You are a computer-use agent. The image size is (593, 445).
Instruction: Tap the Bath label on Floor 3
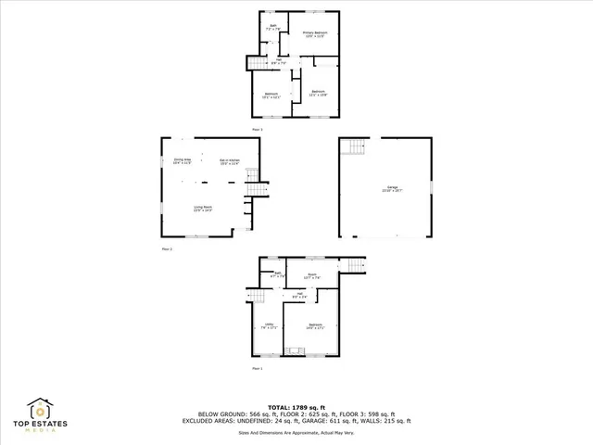coord(272,26)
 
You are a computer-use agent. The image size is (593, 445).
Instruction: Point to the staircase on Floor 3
coord(255,62)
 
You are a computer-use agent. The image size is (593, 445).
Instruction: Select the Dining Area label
coord(182,161)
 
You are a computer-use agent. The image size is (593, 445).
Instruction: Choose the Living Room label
coord(202,208)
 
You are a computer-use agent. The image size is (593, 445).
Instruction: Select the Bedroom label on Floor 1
coord(315,325)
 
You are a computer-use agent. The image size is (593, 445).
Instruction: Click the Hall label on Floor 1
coord(298,295)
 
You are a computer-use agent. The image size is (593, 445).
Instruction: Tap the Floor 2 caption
coord(168,249)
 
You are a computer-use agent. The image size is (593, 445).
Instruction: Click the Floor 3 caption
coord(258,129)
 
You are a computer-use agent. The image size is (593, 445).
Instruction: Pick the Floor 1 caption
coord(258,368)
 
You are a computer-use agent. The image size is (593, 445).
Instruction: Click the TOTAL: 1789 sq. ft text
coord(296,406)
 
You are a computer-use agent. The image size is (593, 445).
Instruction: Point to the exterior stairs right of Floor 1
coord(355,267)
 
